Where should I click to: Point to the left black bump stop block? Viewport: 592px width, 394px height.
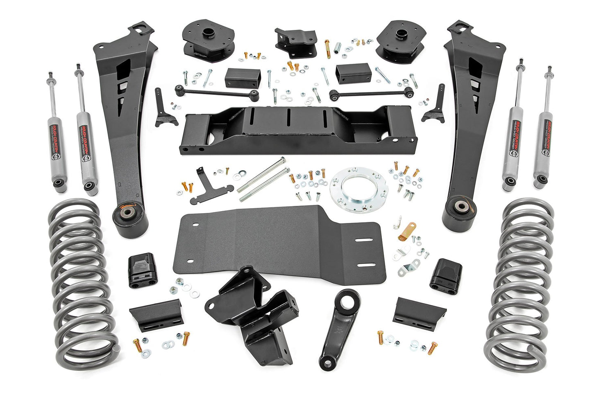pyautogui.click(x=141, y=270)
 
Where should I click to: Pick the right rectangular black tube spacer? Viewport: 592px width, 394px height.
pyautogui.click(x=353, y=74)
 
